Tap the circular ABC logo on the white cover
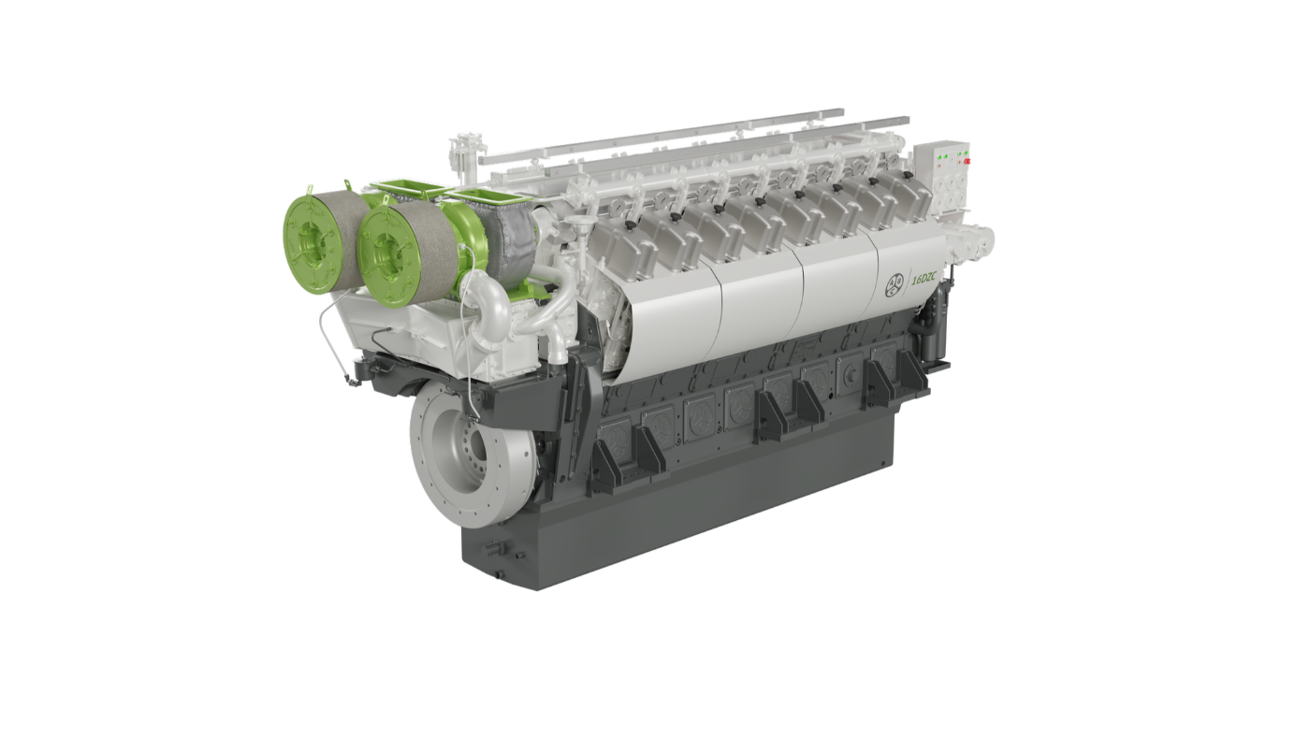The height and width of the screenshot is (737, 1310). click(x=895, y=286)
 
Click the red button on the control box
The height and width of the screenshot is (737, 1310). click(x=967, y=161)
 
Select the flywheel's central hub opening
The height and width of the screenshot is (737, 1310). click(x=476, y=451)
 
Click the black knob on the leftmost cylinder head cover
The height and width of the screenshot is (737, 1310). click(x=631, y=225)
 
